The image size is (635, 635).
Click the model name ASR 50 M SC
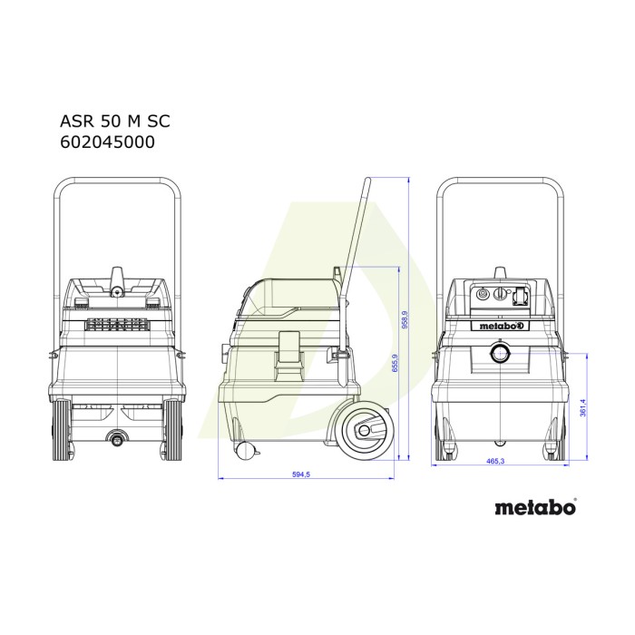(x=115, y=121)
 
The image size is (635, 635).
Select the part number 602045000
(x=107, y=142)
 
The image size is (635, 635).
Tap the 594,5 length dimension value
(x=301, y=474)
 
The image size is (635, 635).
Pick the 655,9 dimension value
(x=396, y=363)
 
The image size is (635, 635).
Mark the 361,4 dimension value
(x=582, y=407)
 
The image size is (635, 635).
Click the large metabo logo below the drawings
(x=535, y=507)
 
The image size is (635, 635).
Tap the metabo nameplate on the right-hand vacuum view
(x=500, y=314)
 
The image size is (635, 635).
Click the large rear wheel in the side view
(x=367, y=431)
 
